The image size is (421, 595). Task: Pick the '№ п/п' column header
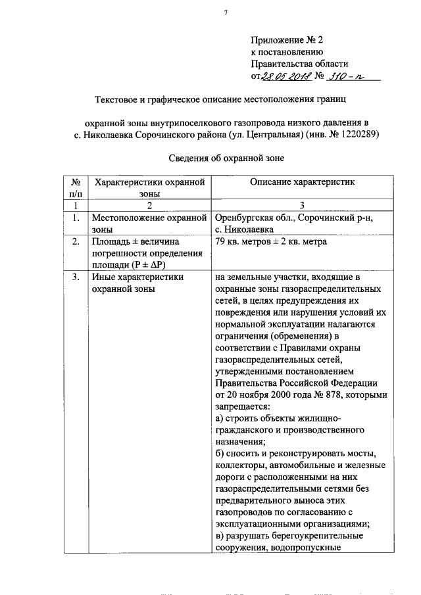coord(76,187)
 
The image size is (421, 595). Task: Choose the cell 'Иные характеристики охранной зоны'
coord(137,283)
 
